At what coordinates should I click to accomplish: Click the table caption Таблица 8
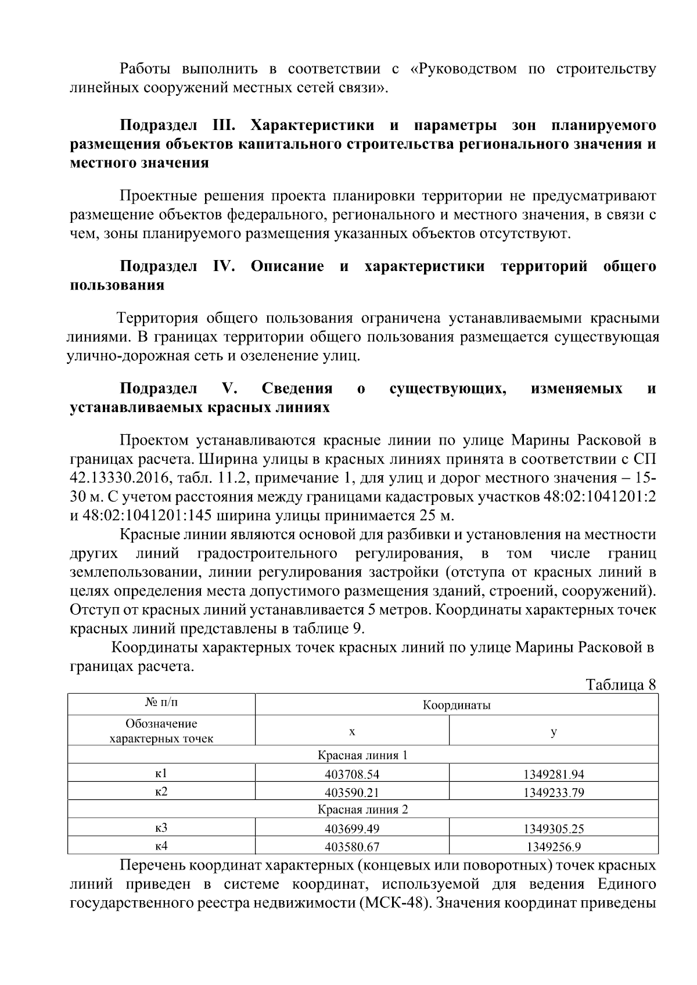pos(621,684)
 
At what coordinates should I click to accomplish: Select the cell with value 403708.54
pos(352,774)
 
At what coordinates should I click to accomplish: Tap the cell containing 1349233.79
pos(553,792)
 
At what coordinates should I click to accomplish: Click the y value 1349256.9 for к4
pos(553,846)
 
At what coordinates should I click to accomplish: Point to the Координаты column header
pos(456,705)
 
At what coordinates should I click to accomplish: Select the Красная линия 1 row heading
pos(362,755)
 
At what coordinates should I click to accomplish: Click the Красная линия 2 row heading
pos(362,809)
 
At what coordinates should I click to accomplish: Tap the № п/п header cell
pos(161,703)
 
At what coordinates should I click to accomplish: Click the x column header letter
pos(352,731)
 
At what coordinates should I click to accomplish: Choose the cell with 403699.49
pos(352,828)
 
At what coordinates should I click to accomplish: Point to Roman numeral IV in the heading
pos(223,266)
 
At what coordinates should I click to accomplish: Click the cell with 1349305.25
pos(553,828)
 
